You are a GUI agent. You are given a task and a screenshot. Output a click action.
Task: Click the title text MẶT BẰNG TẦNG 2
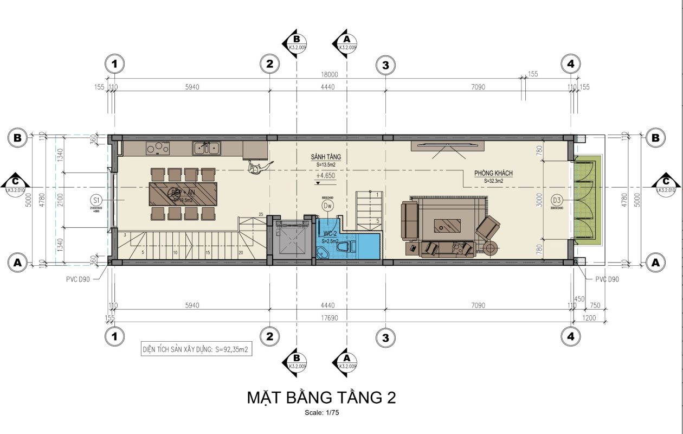point(321,398)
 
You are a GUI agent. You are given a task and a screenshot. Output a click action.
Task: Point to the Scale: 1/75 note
point(321,413)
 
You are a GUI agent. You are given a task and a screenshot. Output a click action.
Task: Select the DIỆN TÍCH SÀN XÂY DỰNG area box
point(196,350)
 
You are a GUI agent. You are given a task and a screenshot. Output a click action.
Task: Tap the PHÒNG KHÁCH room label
point(493,173)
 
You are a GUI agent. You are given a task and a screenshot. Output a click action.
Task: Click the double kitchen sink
point(207,147)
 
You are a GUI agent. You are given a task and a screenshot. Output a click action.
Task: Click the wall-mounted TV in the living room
point(446,144)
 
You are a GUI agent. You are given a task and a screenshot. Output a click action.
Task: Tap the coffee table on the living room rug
point(447,225)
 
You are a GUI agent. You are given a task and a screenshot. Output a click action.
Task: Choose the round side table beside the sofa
point(491,249)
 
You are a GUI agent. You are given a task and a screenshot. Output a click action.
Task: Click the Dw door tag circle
point(327,206)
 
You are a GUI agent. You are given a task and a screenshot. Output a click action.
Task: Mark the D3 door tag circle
point(557,199)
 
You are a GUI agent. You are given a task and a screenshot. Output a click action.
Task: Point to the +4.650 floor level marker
point(325,176)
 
